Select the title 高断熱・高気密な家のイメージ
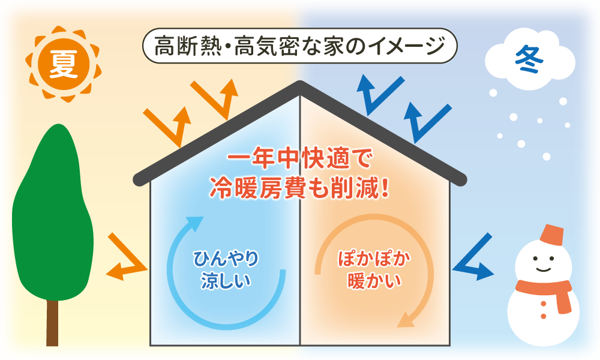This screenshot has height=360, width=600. (x=299, y=46)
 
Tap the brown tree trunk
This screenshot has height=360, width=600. (x=52, y=323)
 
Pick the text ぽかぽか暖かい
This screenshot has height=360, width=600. (x=374, y=270)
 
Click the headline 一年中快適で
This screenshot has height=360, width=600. (x=299, y=158)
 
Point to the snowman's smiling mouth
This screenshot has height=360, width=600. (x=543, y=269)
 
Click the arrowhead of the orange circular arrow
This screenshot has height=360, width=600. (x=407, y=320)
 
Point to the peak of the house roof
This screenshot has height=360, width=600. (x=300, y=85)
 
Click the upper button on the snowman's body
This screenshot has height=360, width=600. (x=544, y=304)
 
